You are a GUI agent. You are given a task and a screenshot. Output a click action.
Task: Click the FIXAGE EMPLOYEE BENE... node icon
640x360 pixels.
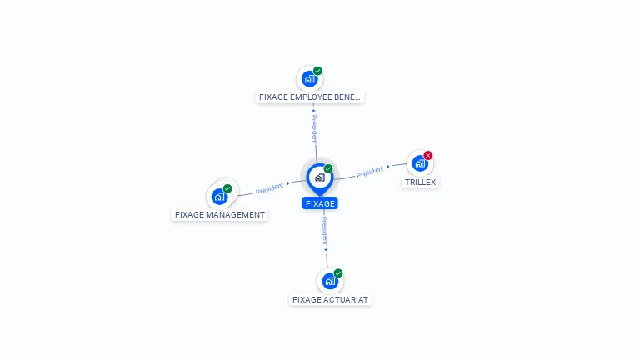pyautogui.click(x=309, y=79)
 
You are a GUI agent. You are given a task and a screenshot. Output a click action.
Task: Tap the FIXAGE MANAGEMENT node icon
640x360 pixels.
pyautogui.click(x=219, y=197)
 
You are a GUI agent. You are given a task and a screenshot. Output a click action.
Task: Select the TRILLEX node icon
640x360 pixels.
pyautogui.click(x=420, y=163)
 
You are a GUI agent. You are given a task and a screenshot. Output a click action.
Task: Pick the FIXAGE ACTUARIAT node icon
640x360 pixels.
pyautogui.click(x=330, y=281)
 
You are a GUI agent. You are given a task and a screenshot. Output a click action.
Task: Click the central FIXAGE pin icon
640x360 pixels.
pyautogui.click(x=319, y=177)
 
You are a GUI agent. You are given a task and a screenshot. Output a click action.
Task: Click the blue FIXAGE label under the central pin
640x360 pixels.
pyautogui.click(x=320, y=203)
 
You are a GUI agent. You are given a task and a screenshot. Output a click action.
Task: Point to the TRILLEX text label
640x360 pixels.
pyautogui.click(x=420, y=182)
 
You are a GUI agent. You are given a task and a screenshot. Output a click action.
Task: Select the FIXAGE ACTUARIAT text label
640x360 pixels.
pyautogui.click(x=331, y=299)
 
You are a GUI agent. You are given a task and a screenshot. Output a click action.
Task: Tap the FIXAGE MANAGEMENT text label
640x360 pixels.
pyautogui.click(x=220, y=214)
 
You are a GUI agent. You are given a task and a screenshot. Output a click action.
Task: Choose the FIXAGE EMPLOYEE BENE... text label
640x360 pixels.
pyautogui.click(x=310, y=97)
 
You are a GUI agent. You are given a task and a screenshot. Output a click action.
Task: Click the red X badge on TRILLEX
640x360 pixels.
pyautogui.click(x=428, y=155)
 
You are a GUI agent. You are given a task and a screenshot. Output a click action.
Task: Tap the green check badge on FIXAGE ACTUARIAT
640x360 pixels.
pyautogui.click(x=338, y=272)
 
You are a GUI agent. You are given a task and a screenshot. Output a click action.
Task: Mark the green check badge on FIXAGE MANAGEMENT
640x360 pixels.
pyautogui.click(x=227, y=188)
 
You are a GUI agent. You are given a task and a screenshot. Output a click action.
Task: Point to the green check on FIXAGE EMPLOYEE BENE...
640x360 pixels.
pyautogui.click(x=317, y=71)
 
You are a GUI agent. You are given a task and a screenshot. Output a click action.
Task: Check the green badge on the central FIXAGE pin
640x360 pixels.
pyautogui.click(x=328, y=168)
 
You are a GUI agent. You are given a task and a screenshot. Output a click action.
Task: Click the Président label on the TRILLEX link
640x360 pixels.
pyautogui.click(x=369, y=172)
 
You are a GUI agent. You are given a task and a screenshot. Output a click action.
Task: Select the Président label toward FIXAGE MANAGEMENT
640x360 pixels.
pyautogui.click(x=269, y=187)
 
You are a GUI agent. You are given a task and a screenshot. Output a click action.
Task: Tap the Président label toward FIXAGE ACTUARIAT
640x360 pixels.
pyautogui.click(x=325, y=229)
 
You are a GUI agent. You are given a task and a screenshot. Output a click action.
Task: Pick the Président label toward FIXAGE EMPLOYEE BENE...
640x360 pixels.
pyautogui.click(x=314, y=129)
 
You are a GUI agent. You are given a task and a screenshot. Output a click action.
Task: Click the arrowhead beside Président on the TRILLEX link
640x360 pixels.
pyautogui.click(x=388, y=167)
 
